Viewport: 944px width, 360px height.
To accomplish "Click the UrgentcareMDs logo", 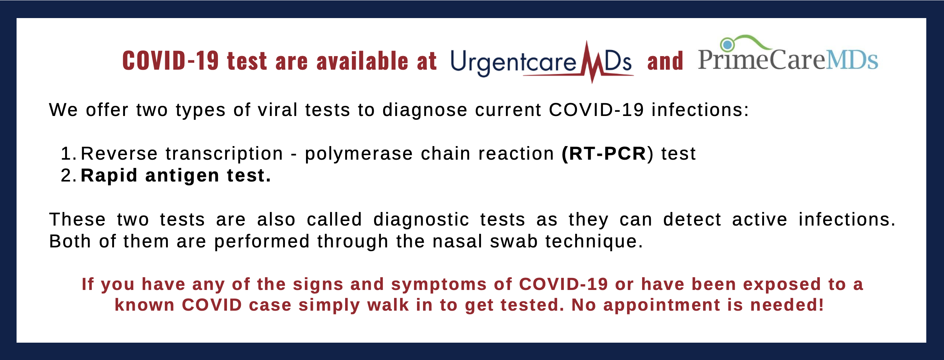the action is click(542, 62).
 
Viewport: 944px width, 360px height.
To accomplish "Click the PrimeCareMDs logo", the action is click(788, 53).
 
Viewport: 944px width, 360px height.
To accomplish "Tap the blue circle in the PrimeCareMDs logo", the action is click(728, 45).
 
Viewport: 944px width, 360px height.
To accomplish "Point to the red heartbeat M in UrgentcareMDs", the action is click(593, 62).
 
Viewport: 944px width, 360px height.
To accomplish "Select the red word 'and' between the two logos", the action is click(665, 61).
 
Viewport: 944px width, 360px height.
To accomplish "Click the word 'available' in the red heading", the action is click(362, 61).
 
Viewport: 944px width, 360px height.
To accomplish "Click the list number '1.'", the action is click(69, 154).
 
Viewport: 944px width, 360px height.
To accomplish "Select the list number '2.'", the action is click(69, 175).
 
